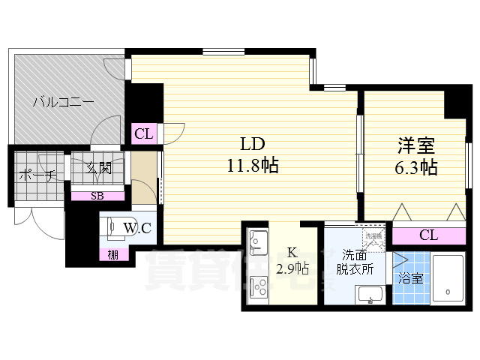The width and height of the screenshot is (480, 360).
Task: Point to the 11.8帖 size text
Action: click(253, 166)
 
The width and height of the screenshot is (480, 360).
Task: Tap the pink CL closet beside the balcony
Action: click(143, 134)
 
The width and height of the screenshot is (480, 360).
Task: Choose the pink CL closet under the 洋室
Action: click(427, 235)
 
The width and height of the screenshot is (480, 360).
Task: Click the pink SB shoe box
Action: click(97, 196)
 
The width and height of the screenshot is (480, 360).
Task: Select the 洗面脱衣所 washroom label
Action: click(353, 261)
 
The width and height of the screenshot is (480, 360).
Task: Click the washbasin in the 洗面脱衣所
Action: click(370, 295)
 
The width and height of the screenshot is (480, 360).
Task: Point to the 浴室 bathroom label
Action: click(411, 279)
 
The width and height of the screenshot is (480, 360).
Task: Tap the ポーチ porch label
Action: click(34, 177)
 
